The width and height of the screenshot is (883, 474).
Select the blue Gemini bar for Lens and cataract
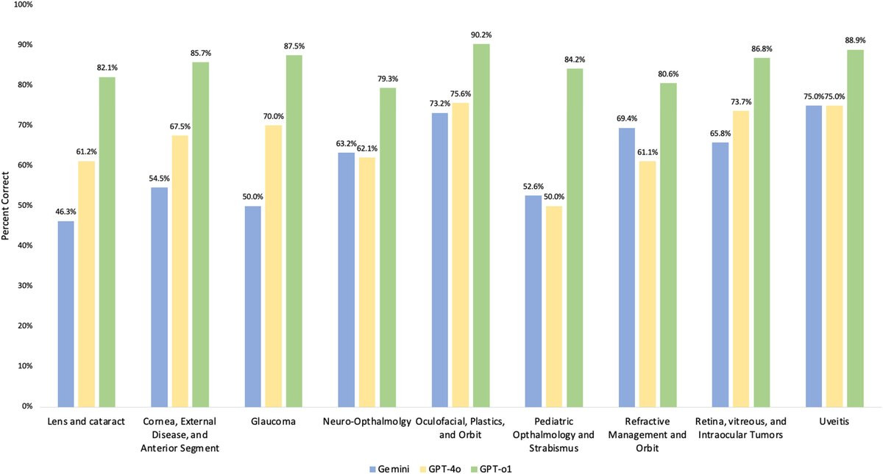coord(65,313)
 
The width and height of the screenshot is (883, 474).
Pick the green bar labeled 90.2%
coord(482,225)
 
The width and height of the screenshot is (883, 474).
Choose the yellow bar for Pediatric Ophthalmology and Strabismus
coord(553,306)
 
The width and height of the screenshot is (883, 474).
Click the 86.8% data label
coord(762,49)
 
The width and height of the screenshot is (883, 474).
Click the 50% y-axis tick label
coord(25,205)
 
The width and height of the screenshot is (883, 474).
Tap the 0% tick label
coord(27,406)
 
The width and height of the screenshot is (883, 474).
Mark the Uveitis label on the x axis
coord(824,421)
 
